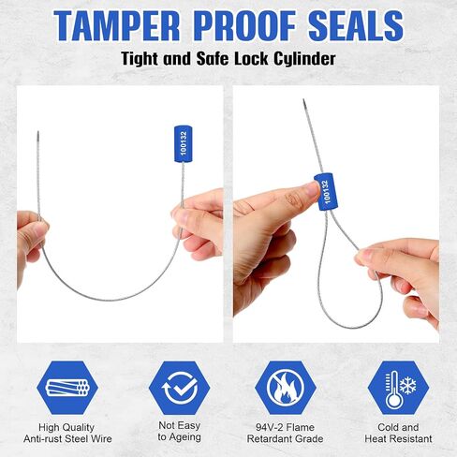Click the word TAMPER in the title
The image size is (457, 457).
116,25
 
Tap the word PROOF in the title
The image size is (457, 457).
246,25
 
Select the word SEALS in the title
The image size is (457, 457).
356,25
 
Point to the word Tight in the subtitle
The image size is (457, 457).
140,59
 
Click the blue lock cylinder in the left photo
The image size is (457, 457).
183,144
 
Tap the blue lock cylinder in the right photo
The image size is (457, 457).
326,192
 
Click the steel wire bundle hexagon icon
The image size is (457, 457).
67,388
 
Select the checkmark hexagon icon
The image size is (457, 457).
180,388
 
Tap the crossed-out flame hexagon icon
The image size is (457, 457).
286,388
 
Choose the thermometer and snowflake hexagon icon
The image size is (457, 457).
398,388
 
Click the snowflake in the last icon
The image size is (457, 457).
407,385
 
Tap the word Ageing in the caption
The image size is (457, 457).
184,437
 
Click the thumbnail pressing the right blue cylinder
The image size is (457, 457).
312,189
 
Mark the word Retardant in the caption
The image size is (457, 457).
268,438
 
